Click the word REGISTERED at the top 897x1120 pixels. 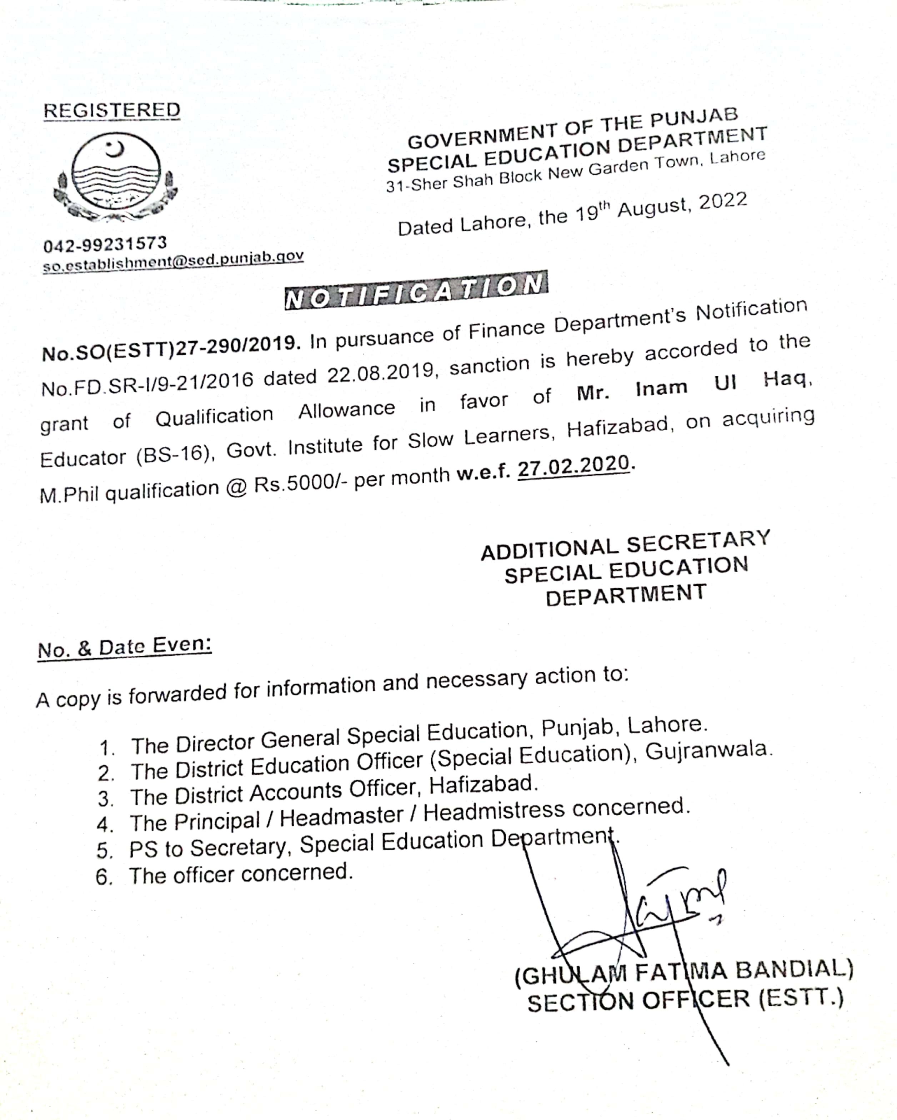tap(112, 110)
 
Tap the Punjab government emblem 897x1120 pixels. tap(115, 176)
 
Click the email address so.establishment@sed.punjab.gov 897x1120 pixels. tap(173, 261)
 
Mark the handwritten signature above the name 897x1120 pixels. tap(649, 914)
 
